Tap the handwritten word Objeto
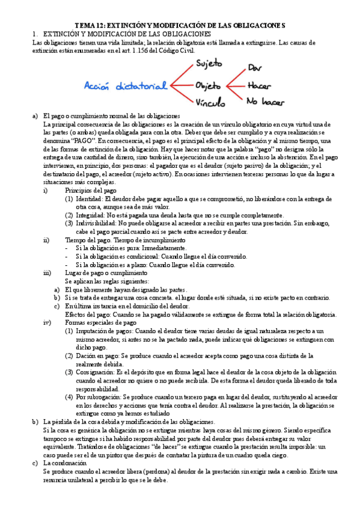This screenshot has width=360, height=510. pyautogui.click(x=208, y=85)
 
